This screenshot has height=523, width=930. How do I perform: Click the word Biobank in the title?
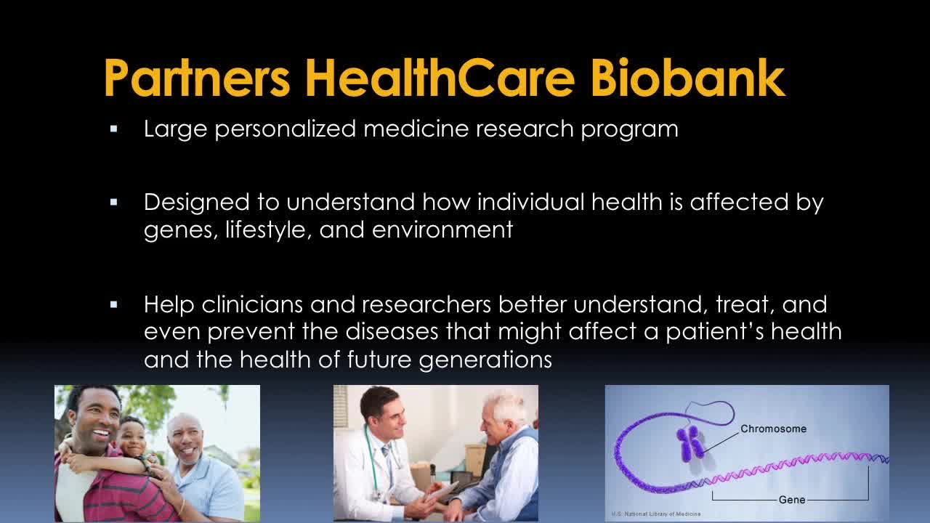coord(687,77)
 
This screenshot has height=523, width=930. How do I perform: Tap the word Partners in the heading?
coord(197,77)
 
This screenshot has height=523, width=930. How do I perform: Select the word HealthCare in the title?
coord(440,77)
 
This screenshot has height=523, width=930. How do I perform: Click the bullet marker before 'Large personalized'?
coord(114,129)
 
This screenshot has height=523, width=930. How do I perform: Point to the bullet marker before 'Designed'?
coord(114,203)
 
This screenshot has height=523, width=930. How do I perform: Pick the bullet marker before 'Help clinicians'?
coord(114,305)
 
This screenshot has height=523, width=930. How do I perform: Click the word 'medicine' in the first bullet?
coord(416,129)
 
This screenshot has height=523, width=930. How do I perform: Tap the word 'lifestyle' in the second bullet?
coord(268,230)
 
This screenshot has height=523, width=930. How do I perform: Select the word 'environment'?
coord(442,230)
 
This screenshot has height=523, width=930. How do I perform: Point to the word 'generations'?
coord(485,360)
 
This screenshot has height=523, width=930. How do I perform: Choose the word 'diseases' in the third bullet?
coord(392,332)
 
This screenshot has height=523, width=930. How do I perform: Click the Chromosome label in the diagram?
coord(774,429)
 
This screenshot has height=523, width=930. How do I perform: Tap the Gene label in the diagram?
coord(792,500)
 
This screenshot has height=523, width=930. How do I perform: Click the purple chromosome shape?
coord(690,444)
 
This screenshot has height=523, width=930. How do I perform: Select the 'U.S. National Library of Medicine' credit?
coord(656,514)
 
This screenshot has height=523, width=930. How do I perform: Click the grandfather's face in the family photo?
coord(185,441)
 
